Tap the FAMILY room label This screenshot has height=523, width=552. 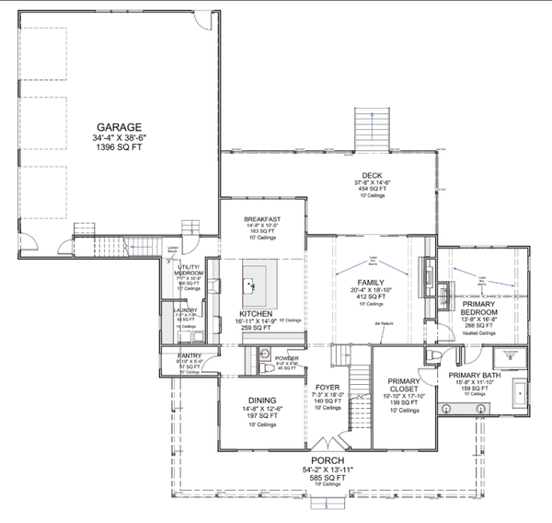pos(372,283)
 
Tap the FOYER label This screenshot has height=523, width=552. pos(328,387)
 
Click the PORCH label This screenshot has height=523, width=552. pos(327,460)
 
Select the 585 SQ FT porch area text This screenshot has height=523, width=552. pos(327,479)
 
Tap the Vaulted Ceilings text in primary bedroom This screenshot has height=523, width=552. pos(479,333)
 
